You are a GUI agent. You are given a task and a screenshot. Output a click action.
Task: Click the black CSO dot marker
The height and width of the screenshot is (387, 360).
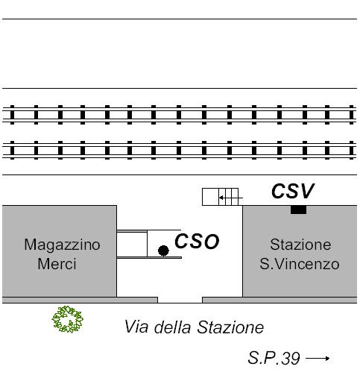click(x=163, y=251)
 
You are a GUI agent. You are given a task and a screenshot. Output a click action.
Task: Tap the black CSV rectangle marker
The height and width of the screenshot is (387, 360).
click(x=298, y=210)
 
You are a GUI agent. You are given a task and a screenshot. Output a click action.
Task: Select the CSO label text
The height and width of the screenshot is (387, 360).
click(x=197, y=242)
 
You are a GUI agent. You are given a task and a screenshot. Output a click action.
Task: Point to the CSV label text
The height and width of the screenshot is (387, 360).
click(x=293, y=191)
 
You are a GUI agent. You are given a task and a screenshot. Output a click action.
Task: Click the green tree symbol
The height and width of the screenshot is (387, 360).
click(x=68, y=319)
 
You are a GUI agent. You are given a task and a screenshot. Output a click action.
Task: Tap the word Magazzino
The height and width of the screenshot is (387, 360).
click(x=62, y=245)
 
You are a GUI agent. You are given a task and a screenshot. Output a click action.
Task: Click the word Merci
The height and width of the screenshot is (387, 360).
click(x=57, y=264)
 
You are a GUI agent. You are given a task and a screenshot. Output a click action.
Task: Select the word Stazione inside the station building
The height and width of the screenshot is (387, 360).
click(x=300, y=245)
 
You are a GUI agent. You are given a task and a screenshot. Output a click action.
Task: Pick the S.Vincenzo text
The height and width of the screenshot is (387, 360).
click(x=300, y=264)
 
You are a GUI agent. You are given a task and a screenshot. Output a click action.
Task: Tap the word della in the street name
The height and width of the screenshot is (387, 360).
click(x=172, y=327)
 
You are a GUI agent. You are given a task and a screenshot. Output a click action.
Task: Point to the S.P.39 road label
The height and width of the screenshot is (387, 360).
click(x=274, y=358)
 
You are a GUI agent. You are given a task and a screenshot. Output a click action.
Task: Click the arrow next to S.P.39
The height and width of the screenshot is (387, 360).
click(x=318, y=358)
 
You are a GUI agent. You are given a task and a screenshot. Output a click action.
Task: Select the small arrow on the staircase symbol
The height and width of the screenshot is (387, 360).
click(x=231, y=198)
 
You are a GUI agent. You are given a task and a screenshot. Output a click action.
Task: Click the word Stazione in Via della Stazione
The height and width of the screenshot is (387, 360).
click(x=230, y=327)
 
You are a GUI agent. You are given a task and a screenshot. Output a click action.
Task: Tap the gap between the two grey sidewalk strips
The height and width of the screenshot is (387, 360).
click(x=180, y=300)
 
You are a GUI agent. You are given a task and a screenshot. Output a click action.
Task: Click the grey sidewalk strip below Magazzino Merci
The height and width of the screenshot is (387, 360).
click(x=80, y=300)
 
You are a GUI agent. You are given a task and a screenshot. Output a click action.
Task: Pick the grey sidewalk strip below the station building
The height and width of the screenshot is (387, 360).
click(x=280, y=300)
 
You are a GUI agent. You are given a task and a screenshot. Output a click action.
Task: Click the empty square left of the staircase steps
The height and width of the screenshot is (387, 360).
click(x=210, y=197)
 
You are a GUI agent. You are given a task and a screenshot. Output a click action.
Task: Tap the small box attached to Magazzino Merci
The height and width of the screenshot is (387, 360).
click(x=132, y=245)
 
